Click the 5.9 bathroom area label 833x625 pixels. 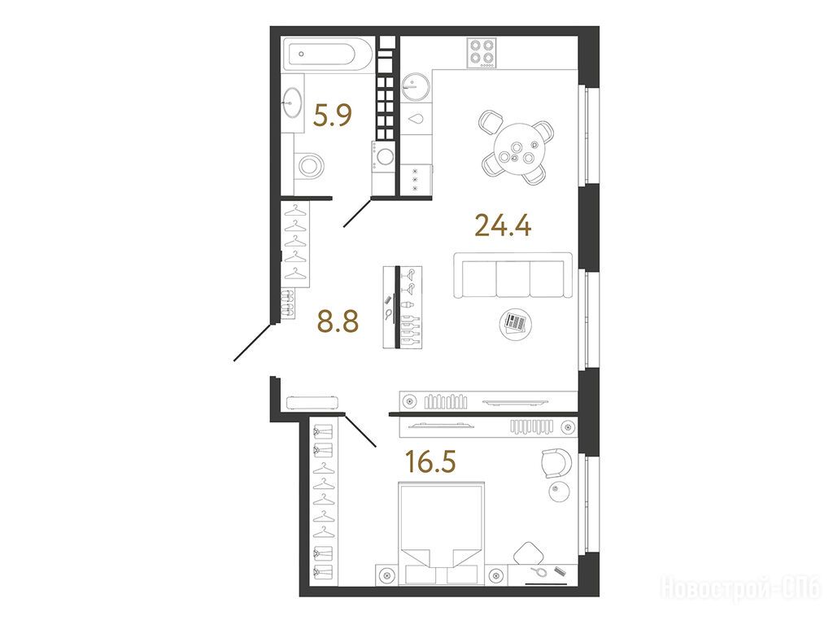(333, 115)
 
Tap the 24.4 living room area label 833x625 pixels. (503, 225)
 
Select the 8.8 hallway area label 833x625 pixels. (338, 321)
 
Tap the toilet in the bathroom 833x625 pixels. (309, 166)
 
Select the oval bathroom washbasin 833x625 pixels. (291, 102)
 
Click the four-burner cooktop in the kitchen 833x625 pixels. (482, 53)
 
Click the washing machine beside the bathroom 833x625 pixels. (384, 157)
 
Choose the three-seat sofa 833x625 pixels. (512, 275)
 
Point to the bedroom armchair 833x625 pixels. (556, 462)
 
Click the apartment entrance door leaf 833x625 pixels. (254, 342)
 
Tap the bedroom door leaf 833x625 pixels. (360, 430)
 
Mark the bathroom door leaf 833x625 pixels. (358, 212)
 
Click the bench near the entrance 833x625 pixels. (312, 402)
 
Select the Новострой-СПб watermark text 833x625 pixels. (740, 589)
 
